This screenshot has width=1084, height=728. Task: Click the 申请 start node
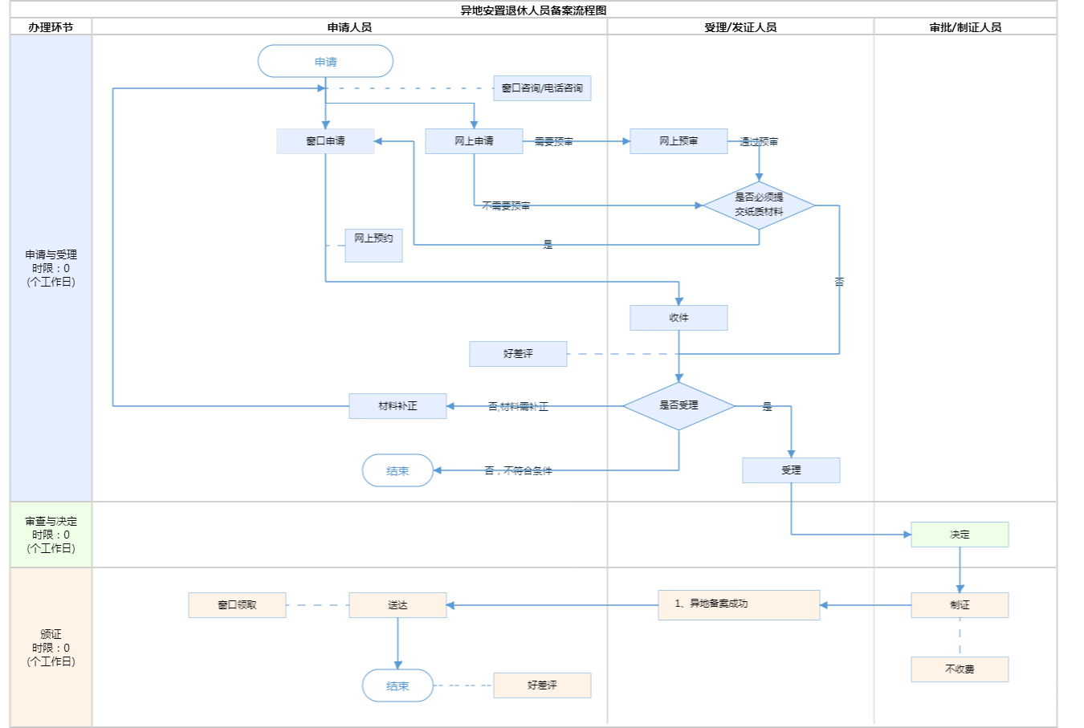(325, 62)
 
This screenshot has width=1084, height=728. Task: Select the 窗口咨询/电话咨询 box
(542, 88)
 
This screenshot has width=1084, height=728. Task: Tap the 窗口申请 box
(325, 141)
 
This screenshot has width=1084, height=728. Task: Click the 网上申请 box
(474, 141)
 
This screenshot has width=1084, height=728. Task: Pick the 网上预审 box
(679, 141)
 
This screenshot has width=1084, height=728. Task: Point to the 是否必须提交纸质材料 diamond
(759, 205)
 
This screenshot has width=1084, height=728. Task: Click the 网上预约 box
(373, 245)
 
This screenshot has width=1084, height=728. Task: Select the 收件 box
(679, 318)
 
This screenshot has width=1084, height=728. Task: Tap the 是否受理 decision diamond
(679, 406)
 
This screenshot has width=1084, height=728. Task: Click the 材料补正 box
(397, 406)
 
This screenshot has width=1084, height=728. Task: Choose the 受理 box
(791, 470)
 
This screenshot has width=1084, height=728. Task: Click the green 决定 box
(960, 535)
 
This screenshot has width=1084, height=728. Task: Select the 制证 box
(960, 605)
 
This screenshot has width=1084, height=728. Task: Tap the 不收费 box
(960, 669)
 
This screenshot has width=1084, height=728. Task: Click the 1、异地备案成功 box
(739, 604)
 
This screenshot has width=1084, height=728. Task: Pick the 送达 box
(397, 605)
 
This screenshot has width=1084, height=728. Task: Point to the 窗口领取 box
(237, 605)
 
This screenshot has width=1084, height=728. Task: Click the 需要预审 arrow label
(554, 142)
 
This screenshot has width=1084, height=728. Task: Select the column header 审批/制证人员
(965, 27)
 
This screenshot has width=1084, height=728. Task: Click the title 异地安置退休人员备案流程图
(533, 10)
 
